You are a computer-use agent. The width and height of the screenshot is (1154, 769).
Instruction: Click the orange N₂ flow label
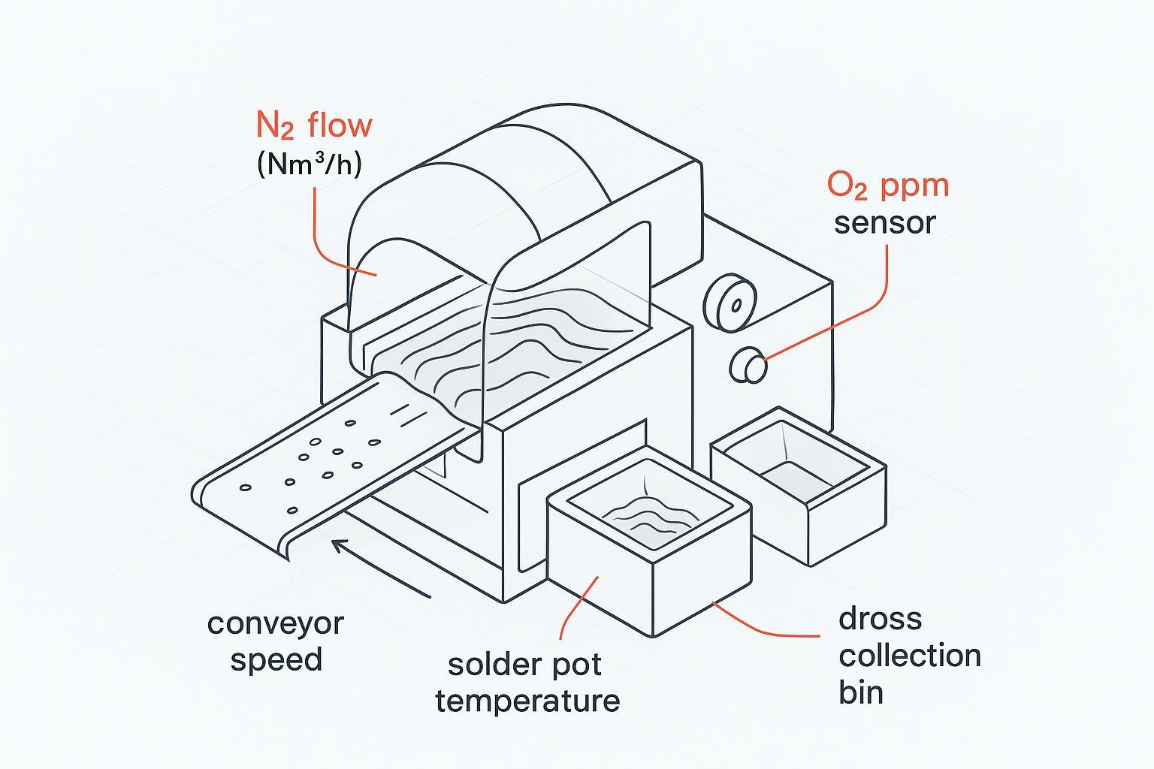point(313,125)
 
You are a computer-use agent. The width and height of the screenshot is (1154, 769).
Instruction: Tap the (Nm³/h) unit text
point(309,164)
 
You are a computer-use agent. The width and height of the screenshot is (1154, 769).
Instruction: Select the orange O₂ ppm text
point(888,185)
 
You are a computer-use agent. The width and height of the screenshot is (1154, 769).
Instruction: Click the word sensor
point(885,223)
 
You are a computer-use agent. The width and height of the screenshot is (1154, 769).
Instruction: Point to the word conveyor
point(275,624)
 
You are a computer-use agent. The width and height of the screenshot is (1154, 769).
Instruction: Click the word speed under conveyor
point(276,660)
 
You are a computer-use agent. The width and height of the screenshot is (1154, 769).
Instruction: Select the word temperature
point(527,701)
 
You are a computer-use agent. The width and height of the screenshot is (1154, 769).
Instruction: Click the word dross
point(880,619)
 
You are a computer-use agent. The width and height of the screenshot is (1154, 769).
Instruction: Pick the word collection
point(910,656)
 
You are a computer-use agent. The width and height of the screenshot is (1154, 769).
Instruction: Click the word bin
point(861,692)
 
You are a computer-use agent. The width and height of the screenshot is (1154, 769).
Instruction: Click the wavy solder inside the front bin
point(645,515)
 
